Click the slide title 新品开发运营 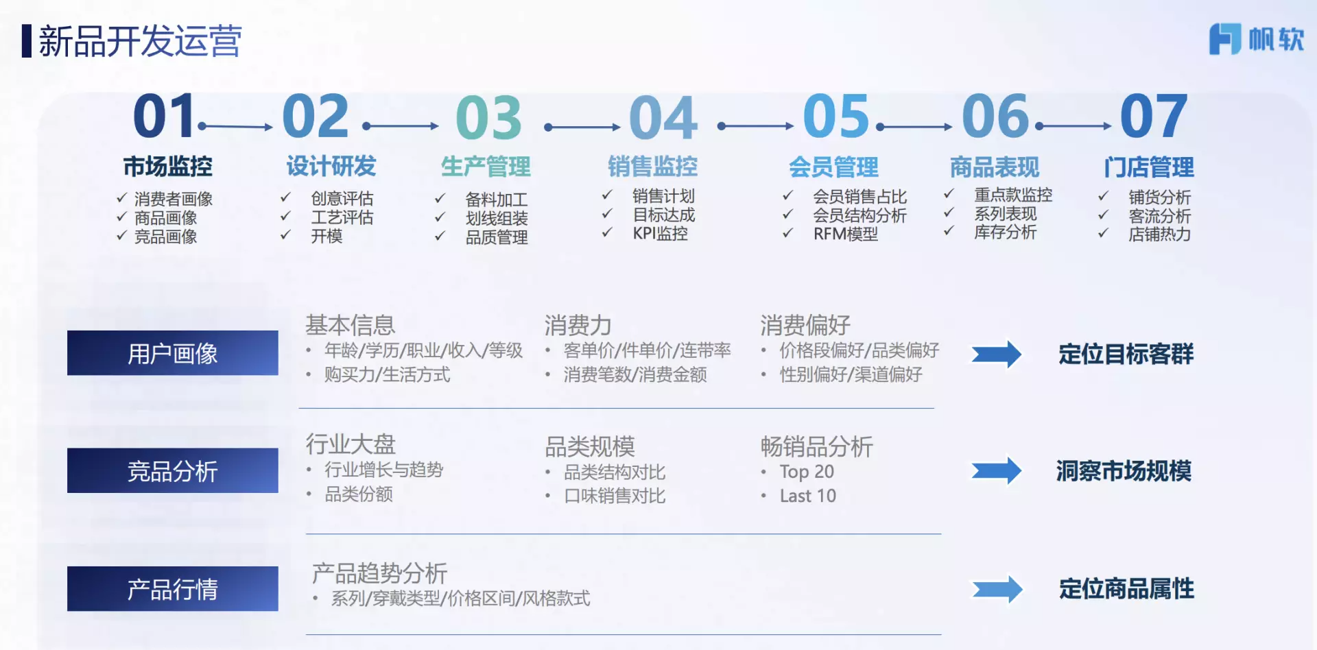(x=140, y=41)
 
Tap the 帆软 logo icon (x=1224, y=38)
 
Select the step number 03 (x=488, y=117)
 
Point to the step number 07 (x=1153, y=116)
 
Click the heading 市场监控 (x=168, y=166)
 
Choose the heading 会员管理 (x=833, y=167)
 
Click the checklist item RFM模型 (x=845, y=234)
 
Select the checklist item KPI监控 (x=660, y=233)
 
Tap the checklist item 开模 (x=327, y=236)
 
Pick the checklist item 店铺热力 (x=1159, y=234)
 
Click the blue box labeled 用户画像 (x=173, y=353)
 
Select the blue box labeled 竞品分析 (x=173, y=470)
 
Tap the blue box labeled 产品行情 (x=173, y=588)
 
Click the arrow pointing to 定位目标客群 (x=997, y=354)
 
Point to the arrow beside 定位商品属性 (x=997, y=589)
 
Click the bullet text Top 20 (x=807, y=472)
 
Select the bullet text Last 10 (x=807, y=496)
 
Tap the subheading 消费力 (x=578, y=325)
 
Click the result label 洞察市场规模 (x=1124, y=471)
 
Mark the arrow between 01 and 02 (x=235, y=127)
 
